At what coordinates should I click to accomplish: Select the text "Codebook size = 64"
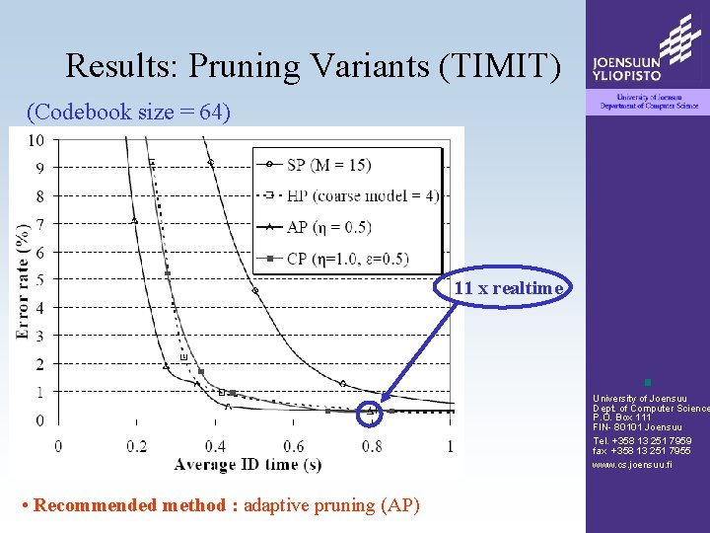[131, 113]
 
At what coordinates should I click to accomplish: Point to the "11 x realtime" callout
[508, 288]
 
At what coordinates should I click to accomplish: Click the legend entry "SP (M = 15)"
[345, 164]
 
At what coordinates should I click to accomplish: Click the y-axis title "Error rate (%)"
[23, 280]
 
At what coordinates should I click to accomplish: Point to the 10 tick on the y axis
[35, 140]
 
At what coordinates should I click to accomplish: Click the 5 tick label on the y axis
[39, 280]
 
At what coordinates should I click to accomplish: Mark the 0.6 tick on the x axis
[294, 446]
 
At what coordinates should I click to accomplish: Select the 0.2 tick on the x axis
[136, 446]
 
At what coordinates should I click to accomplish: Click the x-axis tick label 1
[451, 446]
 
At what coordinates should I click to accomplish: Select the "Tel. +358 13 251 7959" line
[642, 440]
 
